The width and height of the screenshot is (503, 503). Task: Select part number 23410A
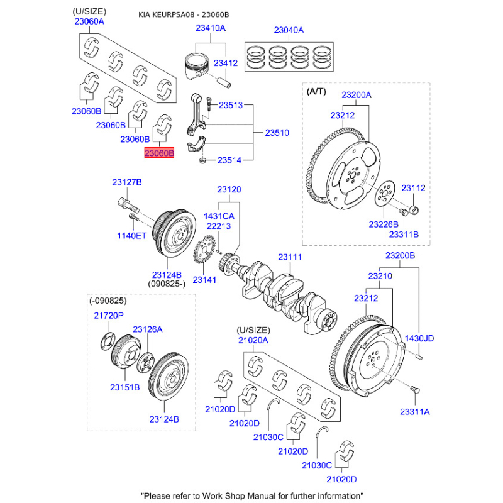pyautogui.click(x=210, y=28)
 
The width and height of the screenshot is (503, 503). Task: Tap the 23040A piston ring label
pyautogui.click(x=289, y=30)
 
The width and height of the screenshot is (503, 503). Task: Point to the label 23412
pyautogui.click(x=225, y=63)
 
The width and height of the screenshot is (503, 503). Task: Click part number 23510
pyautogui.click(x=277, y=133)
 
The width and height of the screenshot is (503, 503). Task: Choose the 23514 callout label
pyautogui.click(x=229, y=160)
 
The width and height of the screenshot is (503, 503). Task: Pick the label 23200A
pyautogui.click(x=357, y=95)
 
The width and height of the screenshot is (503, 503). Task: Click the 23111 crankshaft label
pyautogui.click(x=290, y=257)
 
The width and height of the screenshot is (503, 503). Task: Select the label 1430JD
pyautogui.click(x=419, y=338)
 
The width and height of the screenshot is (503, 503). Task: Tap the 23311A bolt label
pyautogui.click(x=414, y=411)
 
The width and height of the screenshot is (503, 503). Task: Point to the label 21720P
pyautogui.click(x=109, y=315)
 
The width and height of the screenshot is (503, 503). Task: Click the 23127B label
pyautogui.click(x=127, y=182)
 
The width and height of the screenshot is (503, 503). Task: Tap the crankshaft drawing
pyautogui.click(x=286, y=292)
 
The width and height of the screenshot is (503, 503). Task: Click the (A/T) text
pyautogui.click(x=316, y=91)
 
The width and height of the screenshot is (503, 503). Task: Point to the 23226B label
pyautogui.click(x=383, y=224)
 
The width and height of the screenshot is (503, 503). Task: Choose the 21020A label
pyautogui.click(x=253, y=340)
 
